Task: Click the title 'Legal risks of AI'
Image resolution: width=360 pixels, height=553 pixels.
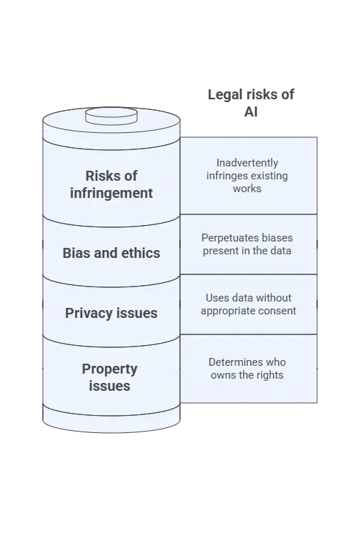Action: coord(251,103)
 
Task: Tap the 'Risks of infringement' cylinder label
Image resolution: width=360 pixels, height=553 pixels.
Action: coord(111,184)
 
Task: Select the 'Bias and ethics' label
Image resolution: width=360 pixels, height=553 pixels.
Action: coord(111,253)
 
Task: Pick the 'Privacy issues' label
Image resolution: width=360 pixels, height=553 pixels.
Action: coord(111,313)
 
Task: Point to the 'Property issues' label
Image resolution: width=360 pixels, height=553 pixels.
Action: coord(110,377)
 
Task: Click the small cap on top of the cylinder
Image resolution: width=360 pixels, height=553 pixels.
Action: coord(111,116)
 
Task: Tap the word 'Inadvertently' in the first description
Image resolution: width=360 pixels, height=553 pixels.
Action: coord(247,163)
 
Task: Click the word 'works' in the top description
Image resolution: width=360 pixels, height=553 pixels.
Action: coord(247,189)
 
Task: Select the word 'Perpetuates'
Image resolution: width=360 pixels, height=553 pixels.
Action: coord(223,238)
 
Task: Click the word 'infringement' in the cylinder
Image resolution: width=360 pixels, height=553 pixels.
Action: coord(111,194)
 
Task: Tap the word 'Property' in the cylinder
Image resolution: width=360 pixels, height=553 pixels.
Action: coord(110,369)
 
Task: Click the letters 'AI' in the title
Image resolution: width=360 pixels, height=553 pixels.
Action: coord(251,111)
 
